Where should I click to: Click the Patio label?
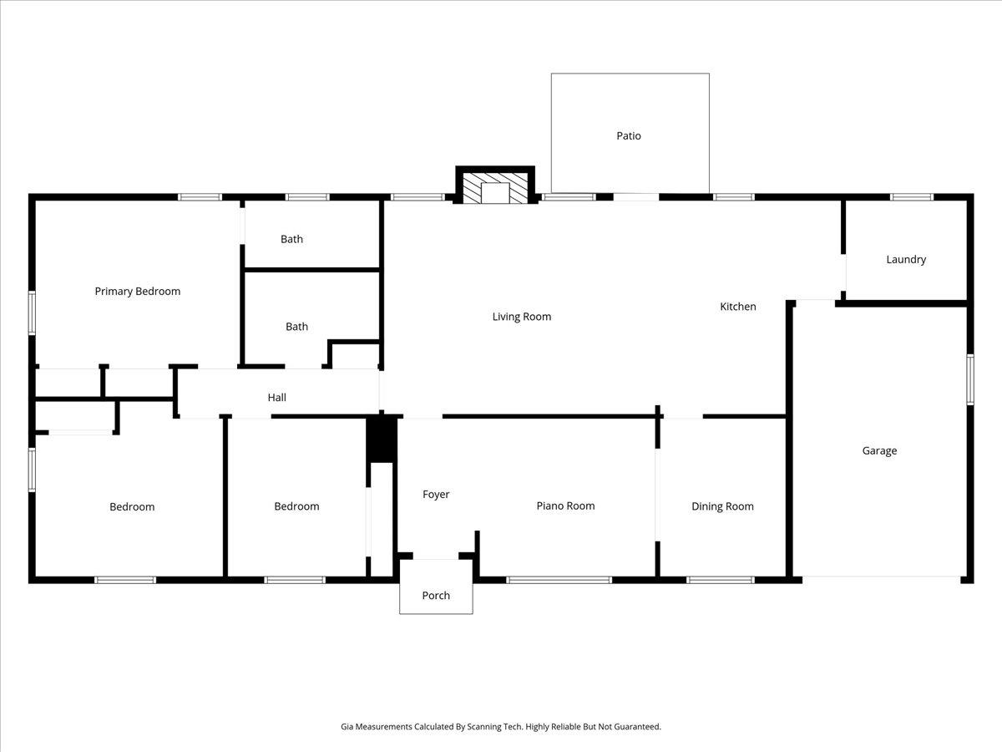pos(629,135)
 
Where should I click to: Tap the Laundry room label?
pos(905,259)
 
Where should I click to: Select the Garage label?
pos(879,450)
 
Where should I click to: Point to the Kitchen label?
pos(738,307)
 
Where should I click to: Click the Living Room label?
pos(521,317)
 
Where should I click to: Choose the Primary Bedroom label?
pos(137,292)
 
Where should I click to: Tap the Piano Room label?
pos(565,506)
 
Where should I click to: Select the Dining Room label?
pos(722,506)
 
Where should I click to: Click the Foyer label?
pos(436,495)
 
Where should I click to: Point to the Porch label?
pos(436,596)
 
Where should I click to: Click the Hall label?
pos(277,398)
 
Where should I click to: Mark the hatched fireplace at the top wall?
pos(495,187)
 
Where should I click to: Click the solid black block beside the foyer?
pos(382,439)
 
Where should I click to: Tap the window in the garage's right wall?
pos(970,379)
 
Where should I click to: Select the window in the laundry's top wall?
pos(911,197)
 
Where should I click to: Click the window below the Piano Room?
pos(559,579)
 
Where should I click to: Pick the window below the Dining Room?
pos(721,579)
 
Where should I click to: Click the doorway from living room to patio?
pos(635,197)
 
